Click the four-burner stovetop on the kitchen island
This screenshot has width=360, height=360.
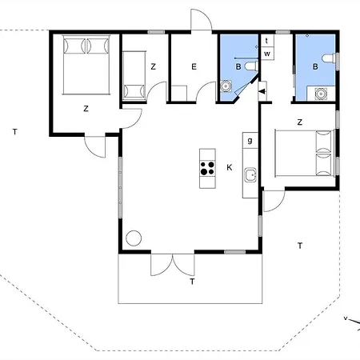(x=207, y=168)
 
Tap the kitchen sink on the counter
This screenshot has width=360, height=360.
(x=250, y=175)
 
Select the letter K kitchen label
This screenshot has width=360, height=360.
(x=230, y=167)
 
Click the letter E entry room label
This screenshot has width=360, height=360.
(x=194, y=66)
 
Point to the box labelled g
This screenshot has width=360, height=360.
(x=250, y=140)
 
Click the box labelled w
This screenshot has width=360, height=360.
(x=267, y=54)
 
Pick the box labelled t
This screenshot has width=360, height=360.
(x=267, y=41)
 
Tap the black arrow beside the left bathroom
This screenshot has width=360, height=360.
(x=262, y=91)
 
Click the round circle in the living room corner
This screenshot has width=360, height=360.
(x=134, y=238)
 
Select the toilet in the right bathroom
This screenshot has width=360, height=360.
(x=329, y=58)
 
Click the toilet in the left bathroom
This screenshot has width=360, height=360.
(x=251, y=66)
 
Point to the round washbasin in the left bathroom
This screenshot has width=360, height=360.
(x=226, y=86)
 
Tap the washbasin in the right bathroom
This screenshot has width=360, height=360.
(x=320, y=94)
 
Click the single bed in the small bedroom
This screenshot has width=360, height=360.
(x=134, y=75)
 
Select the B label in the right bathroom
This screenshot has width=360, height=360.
(x=315, y=66)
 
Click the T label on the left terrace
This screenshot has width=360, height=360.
(x=15, y=132)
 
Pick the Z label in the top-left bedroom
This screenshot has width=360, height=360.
(x=86, y=109)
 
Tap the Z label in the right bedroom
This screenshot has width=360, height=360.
(x=299, y=122)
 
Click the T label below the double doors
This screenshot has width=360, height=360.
(x=192, y=282)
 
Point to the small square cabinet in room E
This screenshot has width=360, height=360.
(x=178, y=94)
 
